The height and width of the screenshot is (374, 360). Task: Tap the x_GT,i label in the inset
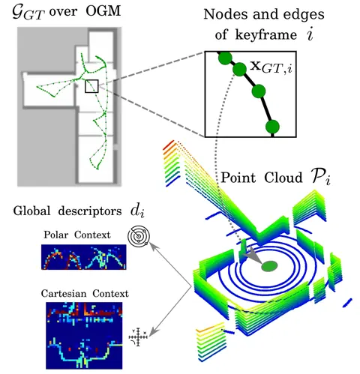point(271,67)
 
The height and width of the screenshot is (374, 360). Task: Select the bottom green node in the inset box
point(272,127)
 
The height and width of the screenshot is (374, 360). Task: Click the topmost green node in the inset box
point(225,58)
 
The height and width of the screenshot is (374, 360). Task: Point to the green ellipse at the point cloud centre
point(269,266)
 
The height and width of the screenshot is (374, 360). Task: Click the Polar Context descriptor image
point(84,257)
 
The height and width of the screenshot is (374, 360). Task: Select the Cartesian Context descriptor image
point(84,336)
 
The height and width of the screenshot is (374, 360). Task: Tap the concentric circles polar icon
point(139,235)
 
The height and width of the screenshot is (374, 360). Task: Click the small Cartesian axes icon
point(138,337)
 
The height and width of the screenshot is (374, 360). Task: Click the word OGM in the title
point(103,11)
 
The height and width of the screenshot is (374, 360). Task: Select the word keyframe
point(266,34)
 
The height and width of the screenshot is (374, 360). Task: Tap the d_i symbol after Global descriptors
point(137,211)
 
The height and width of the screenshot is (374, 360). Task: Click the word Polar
point(56,235)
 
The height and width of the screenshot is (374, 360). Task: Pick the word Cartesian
point(65,293)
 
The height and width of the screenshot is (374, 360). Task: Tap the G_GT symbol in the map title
point(29,13)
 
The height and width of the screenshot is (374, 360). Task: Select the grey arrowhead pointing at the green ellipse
point(250,256)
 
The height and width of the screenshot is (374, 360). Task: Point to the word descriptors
point(90,211)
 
